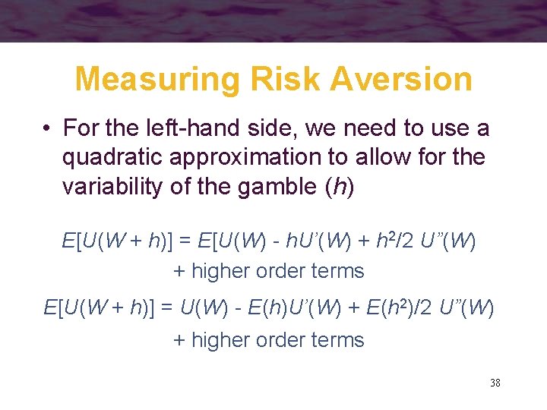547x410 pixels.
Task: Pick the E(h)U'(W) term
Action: click(x=293, y=309)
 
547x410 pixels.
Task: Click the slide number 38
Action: click(x=495, y=383)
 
